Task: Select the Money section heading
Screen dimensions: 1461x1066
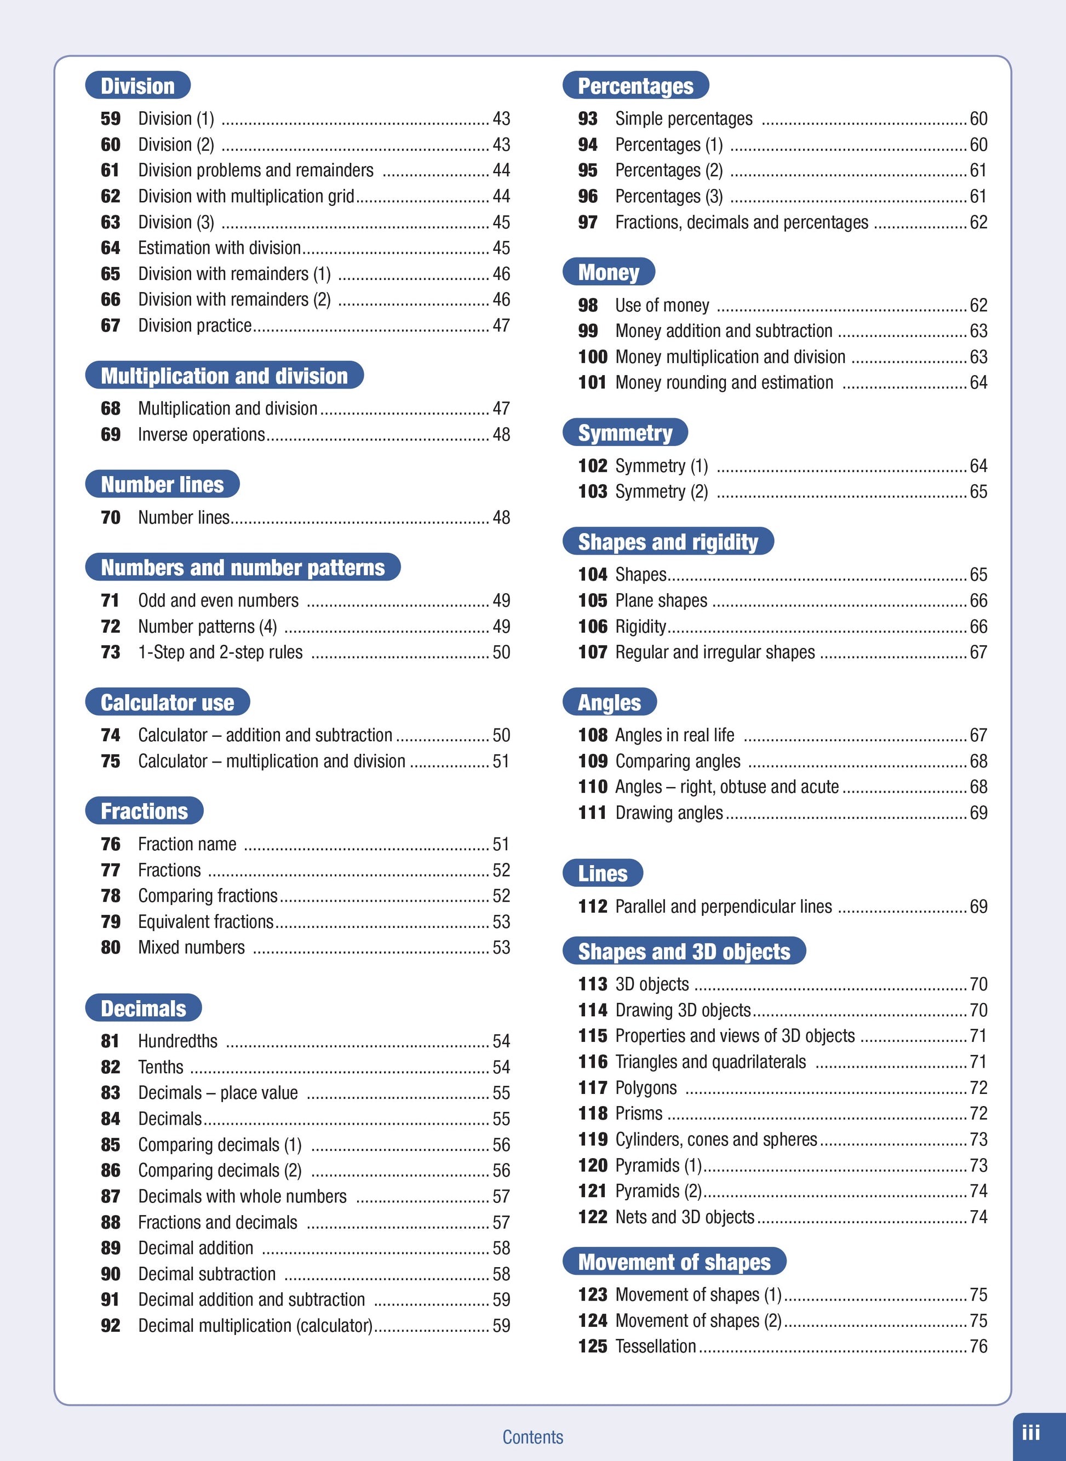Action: point(608,272)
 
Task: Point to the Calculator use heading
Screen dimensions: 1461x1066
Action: point(167,702)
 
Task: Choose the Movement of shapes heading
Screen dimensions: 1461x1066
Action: point(674,1262)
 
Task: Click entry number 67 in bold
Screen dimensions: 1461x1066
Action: point(110,325)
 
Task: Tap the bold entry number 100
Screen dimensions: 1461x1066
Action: point(592,357)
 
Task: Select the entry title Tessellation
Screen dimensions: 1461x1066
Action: point(656,1346)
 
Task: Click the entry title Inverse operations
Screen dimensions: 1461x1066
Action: point(202,434)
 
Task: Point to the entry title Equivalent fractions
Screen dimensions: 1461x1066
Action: point(206,921)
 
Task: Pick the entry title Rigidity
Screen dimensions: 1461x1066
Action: point(640,626)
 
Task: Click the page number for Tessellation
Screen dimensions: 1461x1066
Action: point(978,1346)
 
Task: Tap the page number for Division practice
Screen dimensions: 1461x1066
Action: point(501,325)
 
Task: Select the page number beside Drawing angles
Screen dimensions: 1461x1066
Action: point(978,812)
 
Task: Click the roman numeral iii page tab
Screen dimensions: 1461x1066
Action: point(1030,1433)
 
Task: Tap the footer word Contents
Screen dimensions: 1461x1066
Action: point(532,1437)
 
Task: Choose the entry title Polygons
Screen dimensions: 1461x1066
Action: point(646,1087)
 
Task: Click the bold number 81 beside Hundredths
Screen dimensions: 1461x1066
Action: point(110,1041)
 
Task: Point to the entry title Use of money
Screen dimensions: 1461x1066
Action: point(662,305)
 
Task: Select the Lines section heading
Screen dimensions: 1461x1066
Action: point(602,873)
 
